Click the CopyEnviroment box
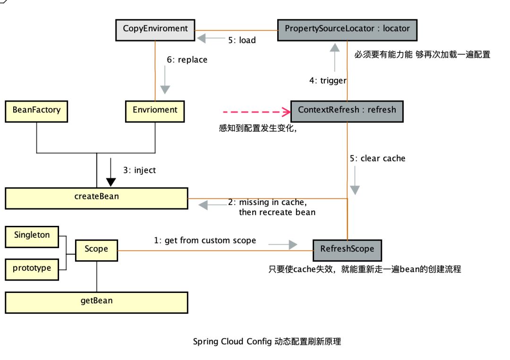[155, 29]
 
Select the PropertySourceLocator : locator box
[348, 29]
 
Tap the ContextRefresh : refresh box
[347, 111]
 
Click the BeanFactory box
[36, 111]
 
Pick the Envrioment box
[155, 111]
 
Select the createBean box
[96, 197]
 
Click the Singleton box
[32, 236]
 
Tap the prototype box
[32, 269]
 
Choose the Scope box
[96, 249]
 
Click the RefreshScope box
[347, 249]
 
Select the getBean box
[96, 301]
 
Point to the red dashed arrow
[255, 112]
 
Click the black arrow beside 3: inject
[111, 174]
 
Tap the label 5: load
[242, 40]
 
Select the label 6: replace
[187, 60]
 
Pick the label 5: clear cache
[377, 158]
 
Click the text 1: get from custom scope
[205, 240]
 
